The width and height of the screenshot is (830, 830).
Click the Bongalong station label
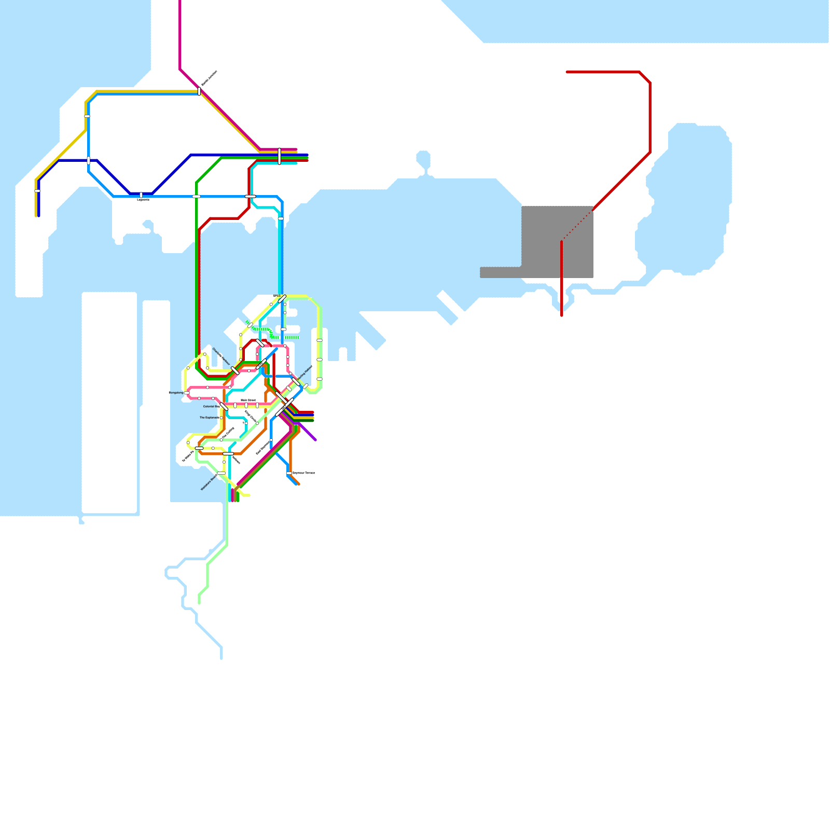click(176, 393)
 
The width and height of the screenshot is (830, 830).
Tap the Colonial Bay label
click(211, 406)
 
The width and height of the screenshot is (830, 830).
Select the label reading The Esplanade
click(210, 418)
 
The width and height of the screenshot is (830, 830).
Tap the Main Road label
click(248, 400)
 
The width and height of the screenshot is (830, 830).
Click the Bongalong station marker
click(187, 393)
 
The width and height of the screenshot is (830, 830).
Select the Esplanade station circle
click(221, 418)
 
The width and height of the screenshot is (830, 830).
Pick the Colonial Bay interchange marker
click(224, 406)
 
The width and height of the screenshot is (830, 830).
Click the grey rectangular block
click(557, 242)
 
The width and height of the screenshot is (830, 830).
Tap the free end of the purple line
click(315, 440)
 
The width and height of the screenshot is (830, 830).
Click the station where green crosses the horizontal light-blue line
click(197, 196)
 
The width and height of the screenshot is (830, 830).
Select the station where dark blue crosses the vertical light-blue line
click(89, 160)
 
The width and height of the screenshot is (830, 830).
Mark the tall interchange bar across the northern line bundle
click(280, 156)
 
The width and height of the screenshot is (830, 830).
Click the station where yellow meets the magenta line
click(199, 91)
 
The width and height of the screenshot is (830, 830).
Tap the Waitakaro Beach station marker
click(221, 473)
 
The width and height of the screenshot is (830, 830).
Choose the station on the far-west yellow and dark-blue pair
click(37, 191)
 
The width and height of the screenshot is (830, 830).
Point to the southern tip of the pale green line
click(199, 603)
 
